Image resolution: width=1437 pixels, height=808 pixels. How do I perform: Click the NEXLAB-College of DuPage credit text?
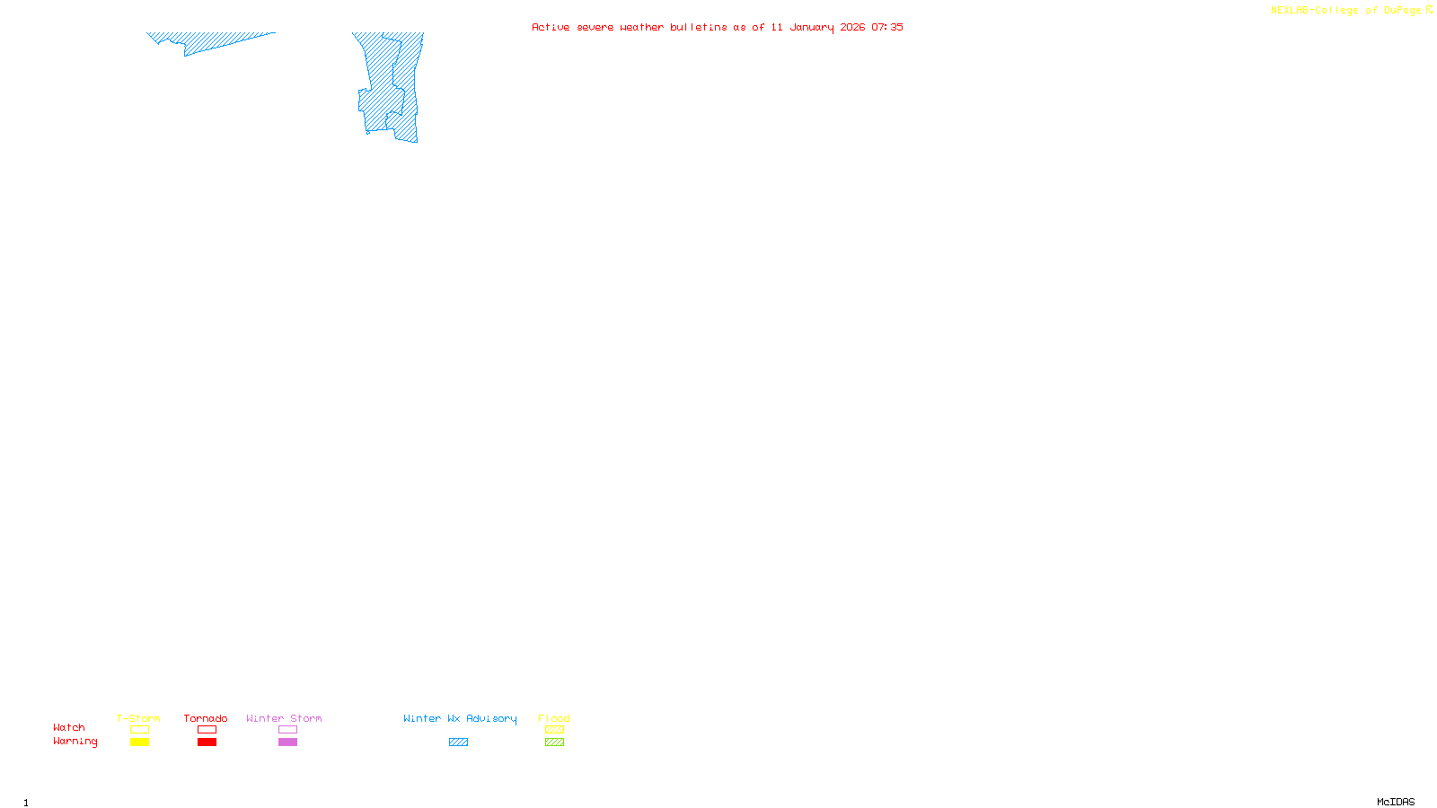[x=1345, y=11]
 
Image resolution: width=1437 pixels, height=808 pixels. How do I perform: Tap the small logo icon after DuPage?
[x=1429, y=10]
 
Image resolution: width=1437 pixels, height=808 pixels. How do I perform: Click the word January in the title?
[x=811, y=28]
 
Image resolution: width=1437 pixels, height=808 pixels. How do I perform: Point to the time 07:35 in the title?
[x=887, y=28]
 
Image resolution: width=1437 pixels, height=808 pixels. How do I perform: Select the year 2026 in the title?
[x=852, y=28]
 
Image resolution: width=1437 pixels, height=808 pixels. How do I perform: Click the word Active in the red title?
[x=550, y=28]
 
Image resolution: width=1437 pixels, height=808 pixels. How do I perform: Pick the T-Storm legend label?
[x=138, y=718]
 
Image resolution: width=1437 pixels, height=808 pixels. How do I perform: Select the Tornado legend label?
[x=206, y=718]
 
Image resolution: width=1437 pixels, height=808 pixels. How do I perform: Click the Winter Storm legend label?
[x=284, y=718]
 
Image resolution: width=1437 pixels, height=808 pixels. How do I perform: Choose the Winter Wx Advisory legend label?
[x=460, y=718]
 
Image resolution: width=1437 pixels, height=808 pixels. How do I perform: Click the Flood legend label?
[x=554, y=718]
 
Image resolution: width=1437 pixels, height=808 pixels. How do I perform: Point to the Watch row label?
[x=69, y=727]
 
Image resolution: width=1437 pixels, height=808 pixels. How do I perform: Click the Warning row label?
[x=75, y=742]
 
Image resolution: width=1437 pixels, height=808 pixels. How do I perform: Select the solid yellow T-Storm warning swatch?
[x=139, y=742]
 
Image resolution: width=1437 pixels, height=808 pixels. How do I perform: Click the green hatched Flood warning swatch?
[x=554, y=742]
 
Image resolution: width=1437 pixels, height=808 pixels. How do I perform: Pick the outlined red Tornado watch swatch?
[x=207, y=730]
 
